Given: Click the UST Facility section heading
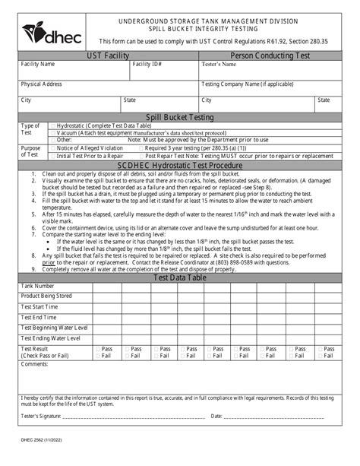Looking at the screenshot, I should pos(109,56).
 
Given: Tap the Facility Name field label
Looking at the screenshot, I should pos(37,65).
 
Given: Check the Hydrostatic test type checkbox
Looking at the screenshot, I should pos(52,125).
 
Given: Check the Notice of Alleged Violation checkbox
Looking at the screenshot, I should pos(52,148).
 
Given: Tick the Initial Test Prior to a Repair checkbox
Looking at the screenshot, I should pos(52,155).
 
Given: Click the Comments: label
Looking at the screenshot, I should pos(35,365).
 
